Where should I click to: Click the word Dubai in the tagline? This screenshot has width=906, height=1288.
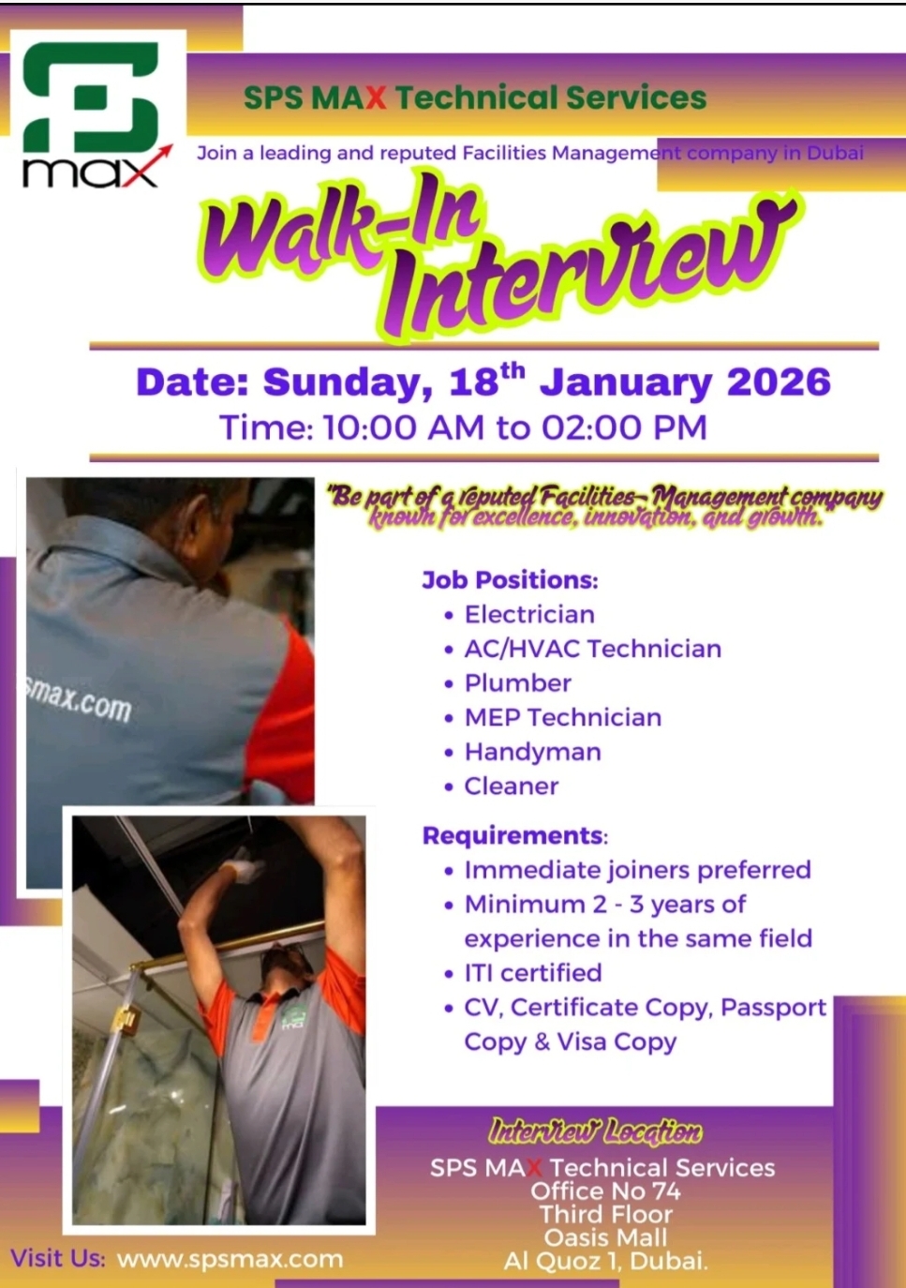835,153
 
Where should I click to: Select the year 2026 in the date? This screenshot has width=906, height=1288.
779,382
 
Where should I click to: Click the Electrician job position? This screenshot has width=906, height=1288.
529,615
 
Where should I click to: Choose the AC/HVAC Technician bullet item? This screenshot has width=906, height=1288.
592,649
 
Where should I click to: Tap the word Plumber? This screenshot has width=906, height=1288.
517,683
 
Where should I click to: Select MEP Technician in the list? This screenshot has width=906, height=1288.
562,718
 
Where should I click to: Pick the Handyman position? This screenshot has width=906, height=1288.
532,752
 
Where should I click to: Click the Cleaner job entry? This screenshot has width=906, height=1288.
511,786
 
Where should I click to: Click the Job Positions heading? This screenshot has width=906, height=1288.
510,580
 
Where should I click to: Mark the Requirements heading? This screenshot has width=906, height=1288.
514,835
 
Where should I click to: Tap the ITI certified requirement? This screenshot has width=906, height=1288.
532,973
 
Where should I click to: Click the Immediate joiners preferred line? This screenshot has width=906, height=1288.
637,870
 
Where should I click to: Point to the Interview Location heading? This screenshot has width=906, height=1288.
595,1131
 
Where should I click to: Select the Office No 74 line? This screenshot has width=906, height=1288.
605,1191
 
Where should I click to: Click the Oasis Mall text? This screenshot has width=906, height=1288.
605,1237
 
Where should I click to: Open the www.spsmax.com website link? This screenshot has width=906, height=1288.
230,1259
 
